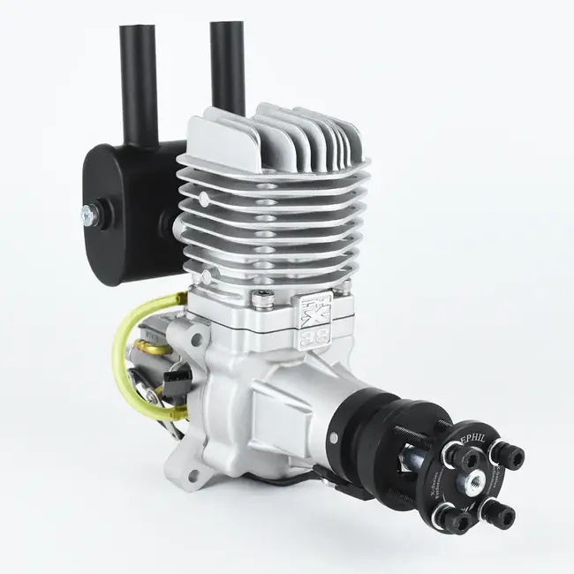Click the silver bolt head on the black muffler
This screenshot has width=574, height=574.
[90, 212]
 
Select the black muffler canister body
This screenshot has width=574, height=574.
[124, 212]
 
